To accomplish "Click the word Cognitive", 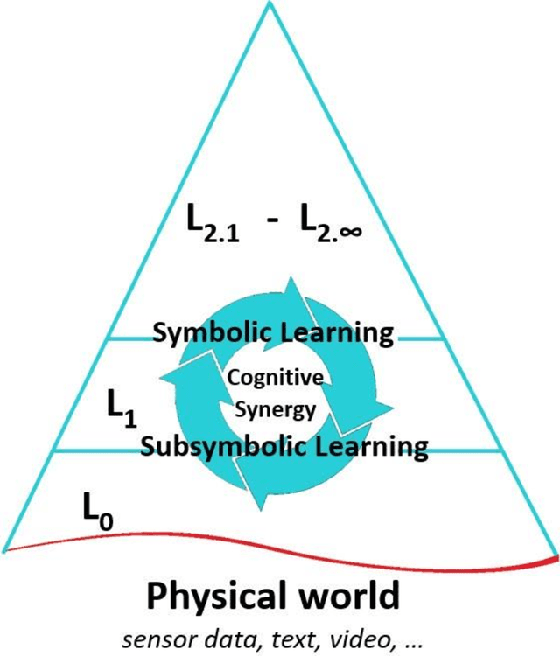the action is point(275,378).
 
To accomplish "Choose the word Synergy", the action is point(275,409).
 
